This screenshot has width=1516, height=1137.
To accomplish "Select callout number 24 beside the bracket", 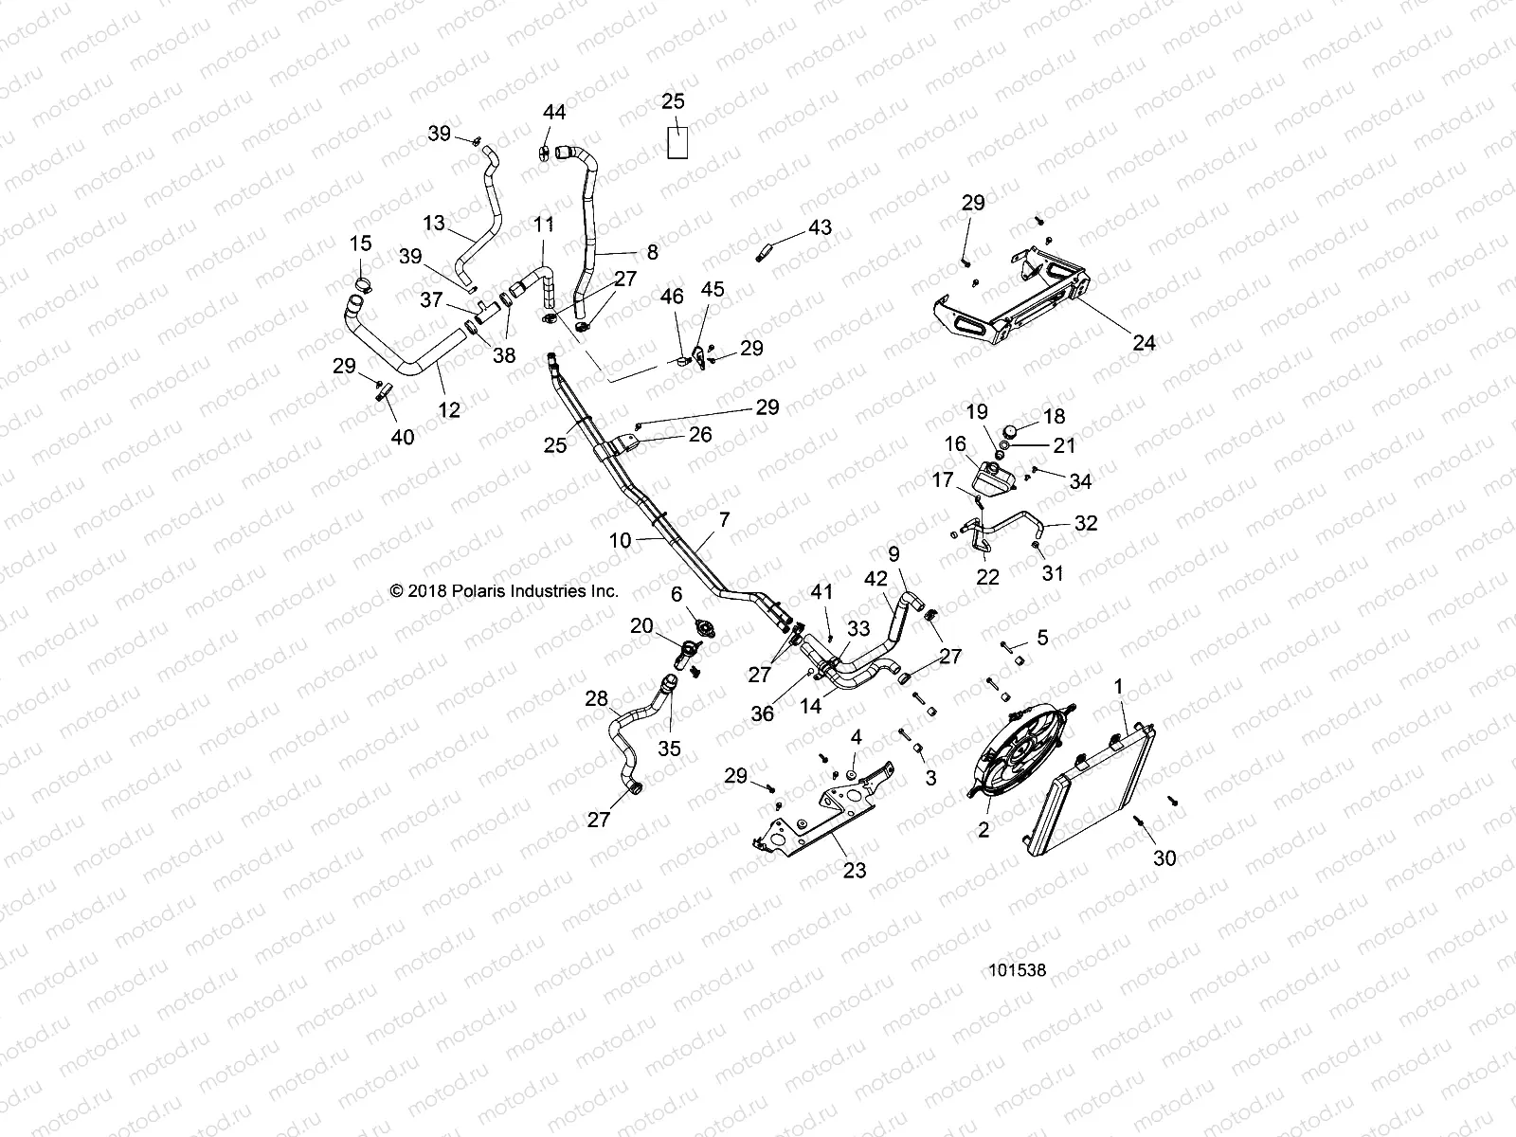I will point(1145,342).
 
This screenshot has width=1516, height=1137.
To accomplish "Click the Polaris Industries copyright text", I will point(504,591).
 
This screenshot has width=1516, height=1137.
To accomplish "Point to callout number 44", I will point(554,113).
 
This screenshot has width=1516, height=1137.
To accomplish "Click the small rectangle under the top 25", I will point(677,142).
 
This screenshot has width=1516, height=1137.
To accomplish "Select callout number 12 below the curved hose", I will point(448,409).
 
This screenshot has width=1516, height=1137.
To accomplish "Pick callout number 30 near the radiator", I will point(1164,857).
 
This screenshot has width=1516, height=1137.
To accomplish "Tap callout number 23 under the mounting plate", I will point(855,870).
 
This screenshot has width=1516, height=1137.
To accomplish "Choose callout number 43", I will point(820,227).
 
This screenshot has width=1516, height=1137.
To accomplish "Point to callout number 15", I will point(360,244).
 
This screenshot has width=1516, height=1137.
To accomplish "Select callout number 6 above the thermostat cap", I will point(677,594).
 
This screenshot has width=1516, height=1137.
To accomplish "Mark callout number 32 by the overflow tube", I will point(1086,523).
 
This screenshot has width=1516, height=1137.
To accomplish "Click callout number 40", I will point(404,437).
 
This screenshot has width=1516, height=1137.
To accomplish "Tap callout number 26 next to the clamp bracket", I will point(700,435).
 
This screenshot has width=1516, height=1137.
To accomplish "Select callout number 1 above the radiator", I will point(1118,685).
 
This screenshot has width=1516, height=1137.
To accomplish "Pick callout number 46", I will point(672,298).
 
